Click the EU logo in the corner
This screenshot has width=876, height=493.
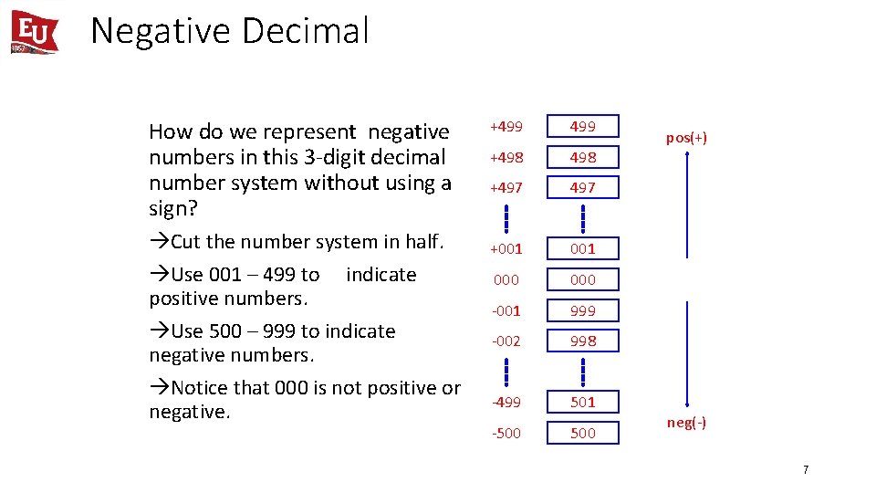click(x=35, y=32)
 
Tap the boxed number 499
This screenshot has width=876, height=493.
click(x=583, y=126)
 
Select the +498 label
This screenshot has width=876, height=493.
click(x=506, y=157)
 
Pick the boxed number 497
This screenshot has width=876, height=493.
click(x=583, y=187)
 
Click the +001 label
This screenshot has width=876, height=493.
click(x=506, y=248)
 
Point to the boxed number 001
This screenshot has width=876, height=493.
click(x=583, y=248)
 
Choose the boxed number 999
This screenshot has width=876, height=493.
click(x=583, y=310)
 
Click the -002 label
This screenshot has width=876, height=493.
click(x=506, y=341)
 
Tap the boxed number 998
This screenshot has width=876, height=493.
click(x=583, y=341)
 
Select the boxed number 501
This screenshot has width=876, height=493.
click(x=583, y=402)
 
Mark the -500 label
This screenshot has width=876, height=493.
click(x=506, y=433)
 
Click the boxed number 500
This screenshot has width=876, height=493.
click(x=583, y=433)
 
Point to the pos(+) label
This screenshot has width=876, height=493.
click(x=686, y=138)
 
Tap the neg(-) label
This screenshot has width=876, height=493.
click(x=686, y=423)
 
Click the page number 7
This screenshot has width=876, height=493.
click(x=806, y=469)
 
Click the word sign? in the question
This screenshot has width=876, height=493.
click(x=173, y=208)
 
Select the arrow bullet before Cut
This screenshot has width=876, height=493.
click(x=159, y=242)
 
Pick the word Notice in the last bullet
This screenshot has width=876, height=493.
click(x=197, y=388)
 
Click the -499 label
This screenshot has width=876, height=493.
click(x=506, y=402)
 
